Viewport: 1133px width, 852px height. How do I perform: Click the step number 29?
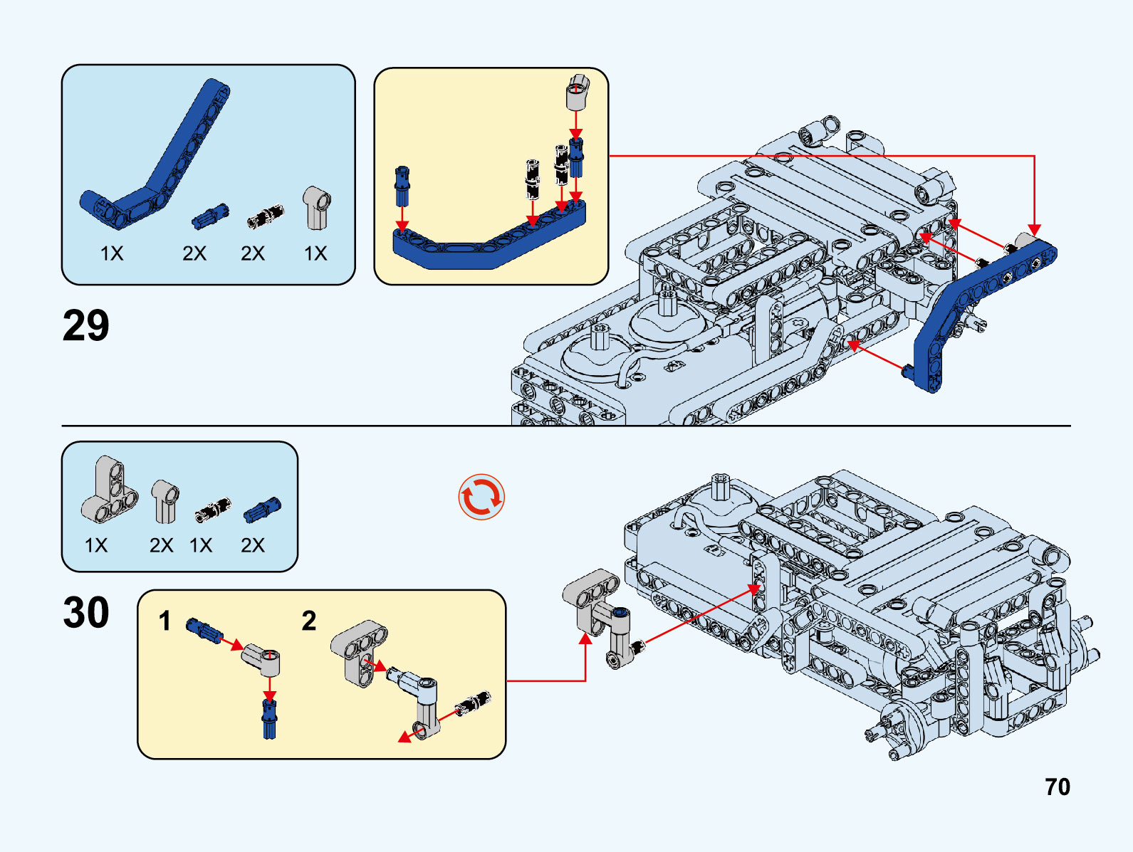[86, 326]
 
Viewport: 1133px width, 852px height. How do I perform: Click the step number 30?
[86, 613]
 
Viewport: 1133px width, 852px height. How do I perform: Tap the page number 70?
[1058, 787]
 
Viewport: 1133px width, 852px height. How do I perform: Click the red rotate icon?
[481, 497]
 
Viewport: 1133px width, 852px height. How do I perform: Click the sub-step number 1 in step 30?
[165, 621]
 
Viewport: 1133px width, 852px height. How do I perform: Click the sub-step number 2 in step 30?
[308, 621]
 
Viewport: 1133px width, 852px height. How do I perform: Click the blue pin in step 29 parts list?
[210, 216]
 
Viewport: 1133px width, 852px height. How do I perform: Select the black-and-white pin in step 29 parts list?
[265, 216]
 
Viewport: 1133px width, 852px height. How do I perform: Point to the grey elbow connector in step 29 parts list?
[316, 208]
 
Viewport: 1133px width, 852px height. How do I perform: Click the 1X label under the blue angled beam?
[112, 253]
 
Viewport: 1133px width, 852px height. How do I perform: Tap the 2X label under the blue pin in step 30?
[253, 545]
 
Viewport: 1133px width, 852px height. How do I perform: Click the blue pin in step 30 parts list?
[262, 510]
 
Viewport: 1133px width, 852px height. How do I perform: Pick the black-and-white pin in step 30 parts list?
[212, 510]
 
